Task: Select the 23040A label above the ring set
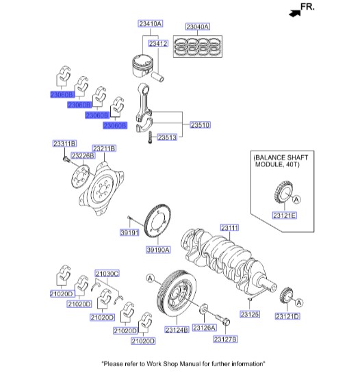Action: click(197, 27)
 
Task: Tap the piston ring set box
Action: click(197, 49)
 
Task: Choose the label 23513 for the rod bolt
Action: click(167, 138)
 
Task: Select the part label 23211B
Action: click(104, 148)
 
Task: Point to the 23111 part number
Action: click(229, 227)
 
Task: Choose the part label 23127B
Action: click(224, 339)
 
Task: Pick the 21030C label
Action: click(107, 273)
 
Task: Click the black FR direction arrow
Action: click(295, 12)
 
